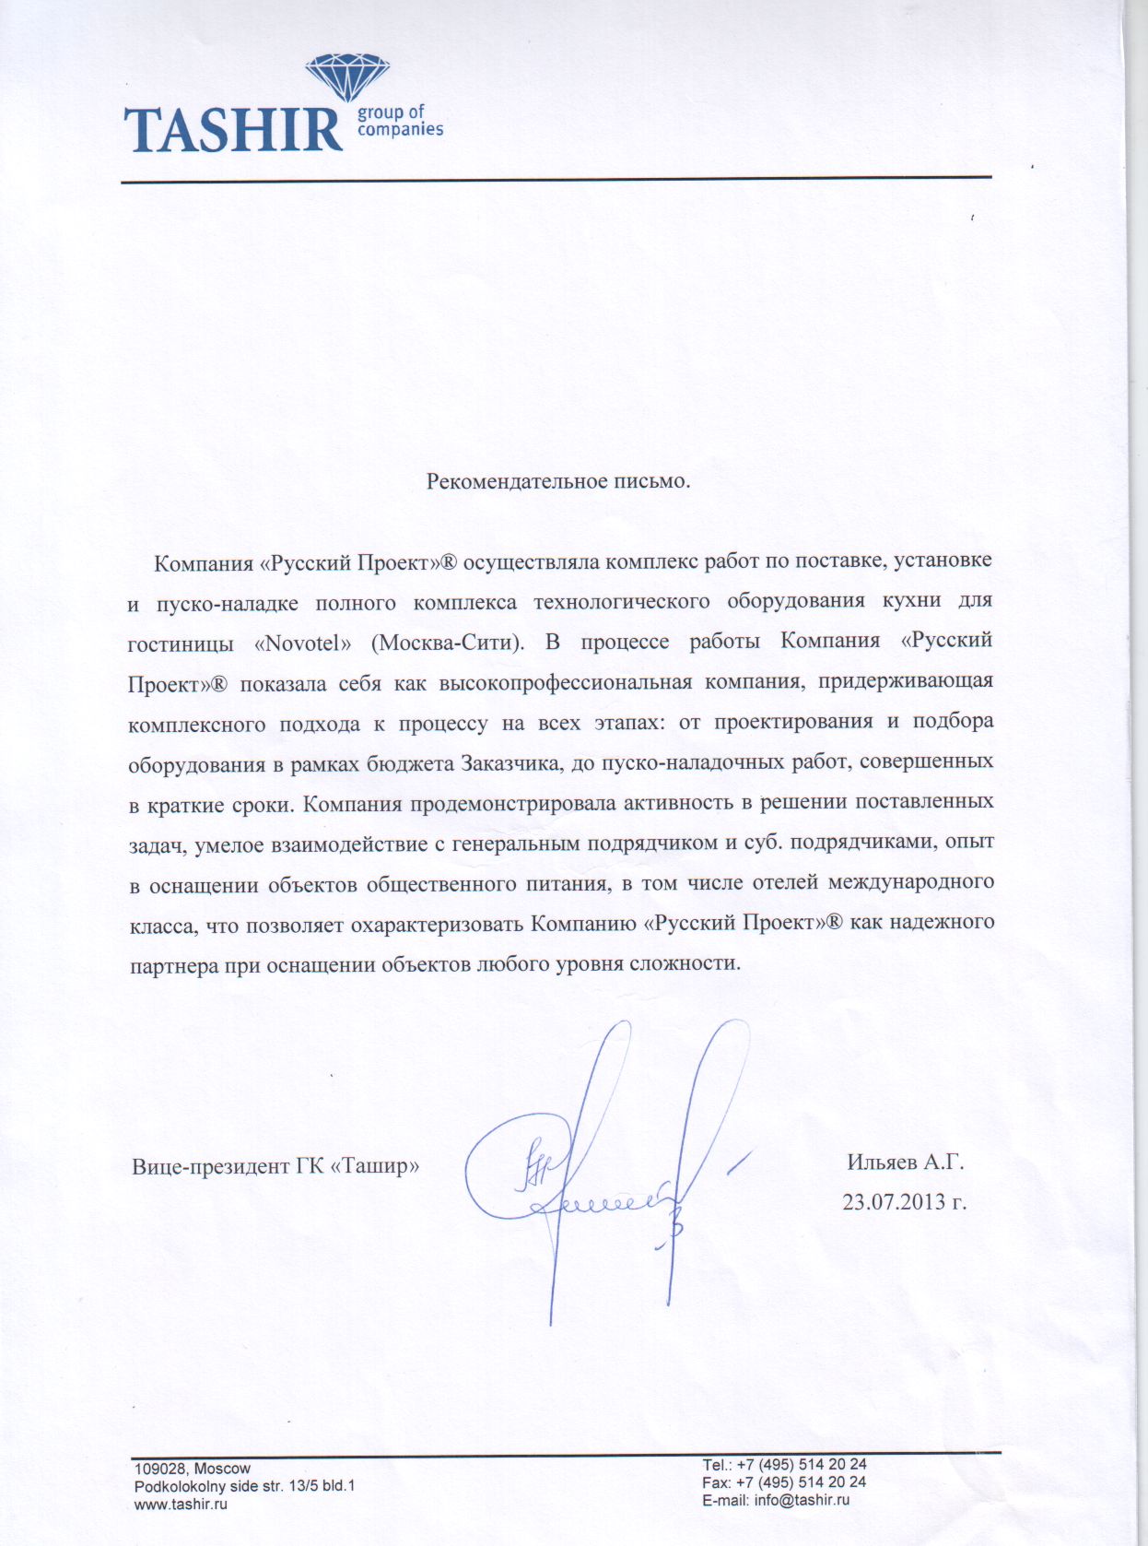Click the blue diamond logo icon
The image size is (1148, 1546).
346,77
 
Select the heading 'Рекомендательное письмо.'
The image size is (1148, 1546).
557,481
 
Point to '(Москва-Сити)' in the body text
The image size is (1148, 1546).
447,643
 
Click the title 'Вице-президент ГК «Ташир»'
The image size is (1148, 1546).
275,1165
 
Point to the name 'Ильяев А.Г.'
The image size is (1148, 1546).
905,1162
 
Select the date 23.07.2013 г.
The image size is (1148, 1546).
904,1202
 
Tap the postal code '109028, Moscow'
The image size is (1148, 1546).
192,1469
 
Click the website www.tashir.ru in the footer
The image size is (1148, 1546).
181,1504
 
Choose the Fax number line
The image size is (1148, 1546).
783,1482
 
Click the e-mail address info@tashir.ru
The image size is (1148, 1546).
802,1500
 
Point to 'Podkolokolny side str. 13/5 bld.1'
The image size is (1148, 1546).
244,1486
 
